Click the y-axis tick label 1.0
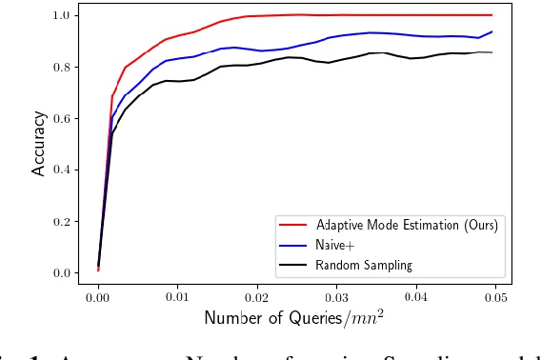pos(62,15)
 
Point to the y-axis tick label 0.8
pos(62,67)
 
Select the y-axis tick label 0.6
pos(62,118)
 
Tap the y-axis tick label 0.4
pos(62,170)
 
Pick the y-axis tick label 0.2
pos(62,221)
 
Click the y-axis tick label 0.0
pos(62,272)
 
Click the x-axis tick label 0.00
pos(98,297)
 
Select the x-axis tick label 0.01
pos(177,297)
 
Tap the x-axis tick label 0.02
pos(256,297)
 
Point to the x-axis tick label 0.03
pos(335,297)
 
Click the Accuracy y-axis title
pos(39,144)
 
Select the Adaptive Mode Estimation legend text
pos(407,225)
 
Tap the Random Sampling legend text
pos(365,265)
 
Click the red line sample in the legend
pos(291,225)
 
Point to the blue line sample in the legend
pos(291,245)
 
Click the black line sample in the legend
pos(291,265)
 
